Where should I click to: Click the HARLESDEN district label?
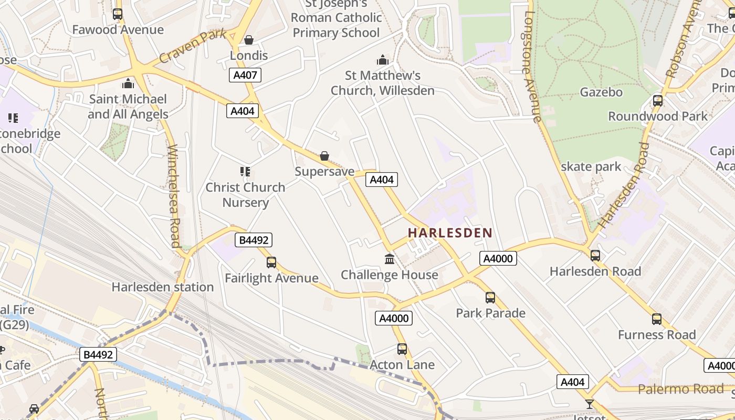[450, 233]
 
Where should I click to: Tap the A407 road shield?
[245, 75]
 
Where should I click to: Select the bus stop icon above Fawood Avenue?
[118, 14]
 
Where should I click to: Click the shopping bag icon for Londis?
[249, 40]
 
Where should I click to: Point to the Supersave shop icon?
[324, 156]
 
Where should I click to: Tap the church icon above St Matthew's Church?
[383, 60]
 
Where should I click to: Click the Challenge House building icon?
[390, 259]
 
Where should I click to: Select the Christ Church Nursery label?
[245, 195]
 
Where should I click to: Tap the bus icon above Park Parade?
[490, 298]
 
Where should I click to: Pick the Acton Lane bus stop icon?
[402, 349]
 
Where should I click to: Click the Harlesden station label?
[163, 287]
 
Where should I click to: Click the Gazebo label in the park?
[601, 92]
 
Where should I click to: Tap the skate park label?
[591, 167]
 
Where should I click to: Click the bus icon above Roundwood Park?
[658, 100]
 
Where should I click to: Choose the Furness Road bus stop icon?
[657, 319]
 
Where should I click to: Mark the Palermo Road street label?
[681, 389]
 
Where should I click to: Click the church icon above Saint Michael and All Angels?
[128, 83]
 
